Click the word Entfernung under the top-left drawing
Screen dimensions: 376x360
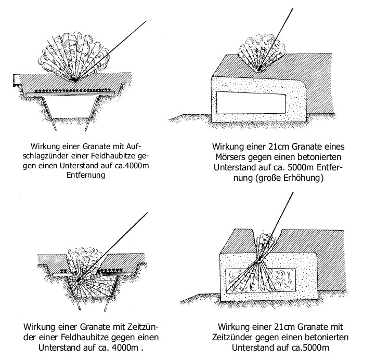point(86,175)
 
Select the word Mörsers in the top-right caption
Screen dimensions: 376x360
point(230,157)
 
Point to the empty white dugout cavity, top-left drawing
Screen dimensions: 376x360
point(71,107)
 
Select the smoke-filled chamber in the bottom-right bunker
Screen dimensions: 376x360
point(261,281)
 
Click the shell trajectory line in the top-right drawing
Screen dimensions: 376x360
point(276,39)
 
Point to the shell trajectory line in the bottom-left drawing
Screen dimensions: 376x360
point(113,246)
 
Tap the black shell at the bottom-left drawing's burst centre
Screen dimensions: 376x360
point(79,279)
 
